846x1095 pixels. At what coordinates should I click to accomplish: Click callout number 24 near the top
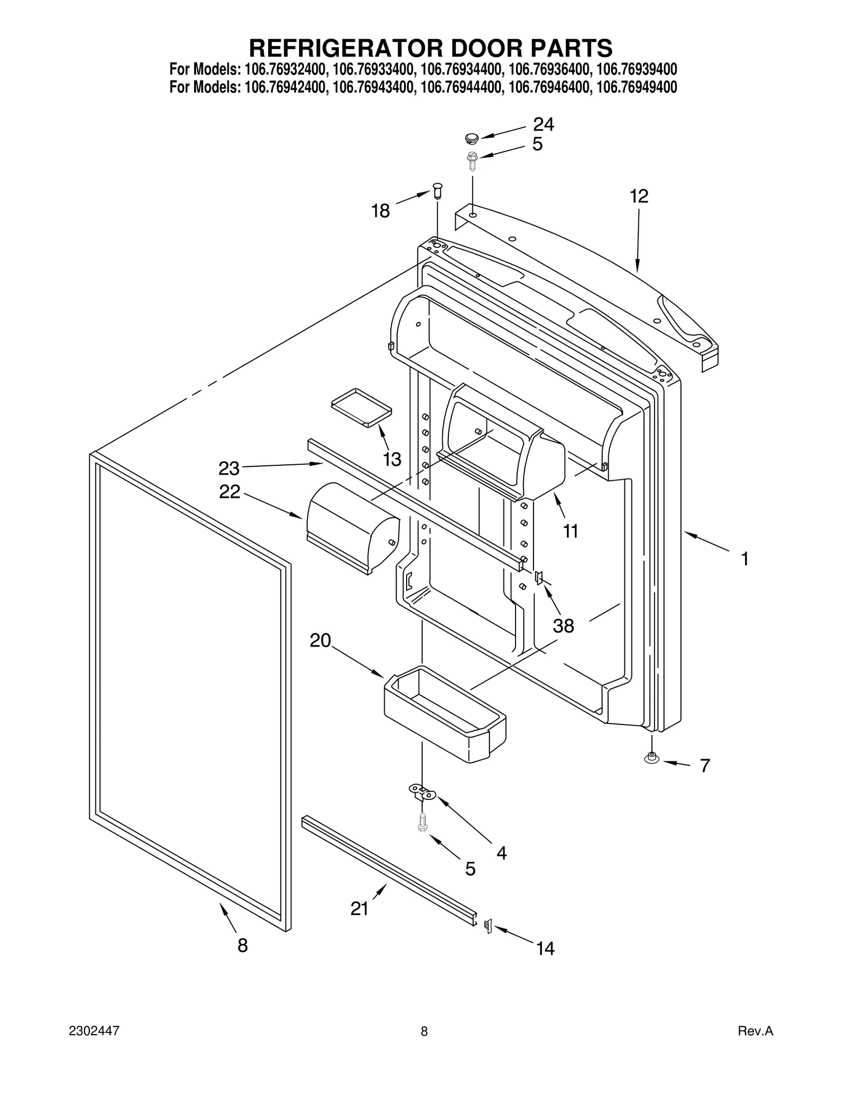[x=543, y=124]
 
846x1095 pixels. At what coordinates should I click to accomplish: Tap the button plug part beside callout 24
[x=471, y=139]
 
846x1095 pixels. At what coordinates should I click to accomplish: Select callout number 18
[x=380, y=211]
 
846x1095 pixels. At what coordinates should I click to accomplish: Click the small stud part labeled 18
[x=437, y=190]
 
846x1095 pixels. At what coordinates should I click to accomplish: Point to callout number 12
[x=639, y=196]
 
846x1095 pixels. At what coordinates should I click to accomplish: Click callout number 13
[x=392, y=459]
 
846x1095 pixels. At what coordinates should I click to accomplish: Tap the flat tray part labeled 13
[x=362, y=407]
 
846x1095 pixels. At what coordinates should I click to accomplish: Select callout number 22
[x=230, y=492]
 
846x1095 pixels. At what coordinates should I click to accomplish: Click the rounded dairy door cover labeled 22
[x=352, y=527]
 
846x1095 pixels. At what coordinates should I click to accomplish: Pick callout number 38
[x=563, y=626]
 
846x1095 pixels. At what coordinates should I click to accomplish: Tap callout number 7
[x=705, y=766]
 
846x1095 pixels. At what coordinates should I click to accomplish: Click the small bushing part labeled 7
[x=651, y=758]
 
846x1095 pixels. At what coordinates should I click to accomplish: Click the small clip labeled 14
[x=488, y=926]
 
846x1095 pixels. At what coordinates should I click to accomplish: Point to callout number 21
[x=360, y=909]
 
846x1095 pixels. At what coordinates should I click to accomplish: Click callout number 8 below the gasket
[x=243, y=945]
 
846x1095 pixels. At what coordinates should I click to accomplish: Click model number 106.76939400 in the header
[x=637, y=70]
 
